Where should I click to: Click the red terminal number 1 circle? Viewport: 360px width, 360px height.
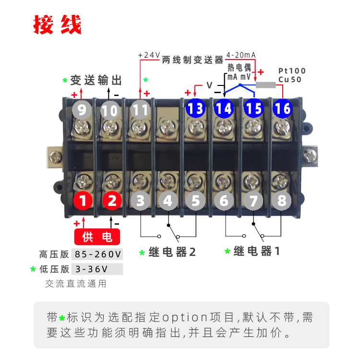pyautogui.click(x=83, y=201)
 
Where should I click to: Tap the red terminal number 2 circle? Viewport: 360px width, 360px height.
pyautogui.click(x=112, y=201)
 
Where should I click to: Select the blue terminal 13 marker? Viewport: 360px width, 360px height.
pyautogui.click(x=195, y=108)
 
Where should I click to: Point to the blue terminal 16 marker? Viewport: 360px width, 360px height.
pyautogui.click(x=282, y=108)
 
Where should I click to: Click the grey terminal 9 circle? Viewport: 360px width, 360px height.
pyautogui.click(x=82, y=110)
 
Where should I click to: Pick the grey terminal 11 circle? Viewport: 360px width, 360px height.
pyautogui.click(x=140, y=110)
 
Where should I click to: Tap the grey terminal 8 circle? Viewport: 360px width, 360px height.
pyautogui.click(x=282, y=201)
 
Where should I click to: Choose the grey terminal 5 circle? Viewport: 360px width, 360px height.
pyautogui.click(x=196, y=201)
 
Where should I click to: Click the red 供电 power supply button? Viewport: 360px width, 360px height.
pyautogui.click(x=97, y=237)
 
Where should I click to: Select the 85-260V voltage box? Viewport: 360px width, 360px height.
pyautogui.click(x=97, y=254)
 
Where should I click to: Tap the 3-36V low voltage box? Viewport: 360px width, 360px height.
pyautogui.click(x=97, y=269)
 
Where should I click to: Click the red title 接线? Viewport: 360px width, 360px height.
pyautogui.click(x=58, y=24)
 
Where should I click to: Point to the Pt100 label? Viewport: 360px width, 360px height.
pyautogui.click(x=292, y=71)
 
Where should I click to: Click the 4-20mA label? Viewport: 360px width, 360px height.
pyautogui.click(x=241, y=55)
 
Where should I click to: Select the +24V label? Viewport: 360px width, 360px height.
pyautogui.click(x=149, y=55)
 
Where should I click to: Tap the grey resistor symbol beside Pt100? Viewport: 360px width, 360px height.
pyautogui.click(x=265, y=85)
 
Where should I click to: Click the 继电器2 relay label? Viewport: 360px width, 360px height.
pyautogui.click(x=172, y=252)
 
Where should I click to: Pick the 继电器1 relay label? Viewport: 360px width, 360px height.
pyautogui.click(x=257, y=251)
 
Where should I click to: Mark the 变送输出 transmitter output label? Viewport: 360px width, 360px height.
pyautogui.click(x=96, y=80)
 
